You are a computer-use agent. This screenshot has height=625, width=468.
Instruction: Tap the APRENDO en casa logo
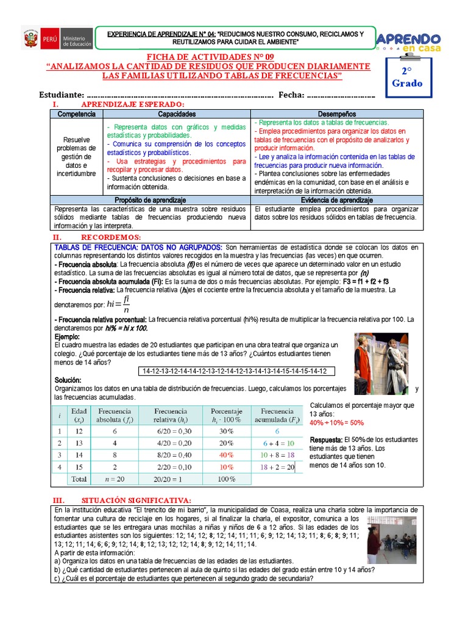[x=409, y=42]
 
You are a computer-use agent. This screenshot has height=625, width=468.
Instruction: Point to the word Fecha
[x=291, y=95]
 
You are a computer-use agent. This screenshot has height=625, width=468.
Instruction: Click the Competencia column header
[x=77, y=114]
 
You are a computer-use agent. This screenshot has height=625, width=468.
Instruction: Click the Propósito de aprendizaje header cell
[x=151, y=200]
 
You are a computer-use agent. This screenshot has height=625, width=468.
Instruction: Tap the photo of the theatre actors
[x=381, y=364]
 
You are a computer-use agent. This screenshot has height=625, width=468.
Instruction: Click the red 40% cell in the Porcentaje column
[x=226, y=455]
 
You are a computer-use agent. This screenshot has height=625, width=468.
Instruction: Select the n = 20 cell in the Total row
[x=115, y=479]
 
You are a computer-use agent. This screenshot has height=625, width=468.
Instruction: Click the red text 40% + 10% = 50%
[x=337, y=422]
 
